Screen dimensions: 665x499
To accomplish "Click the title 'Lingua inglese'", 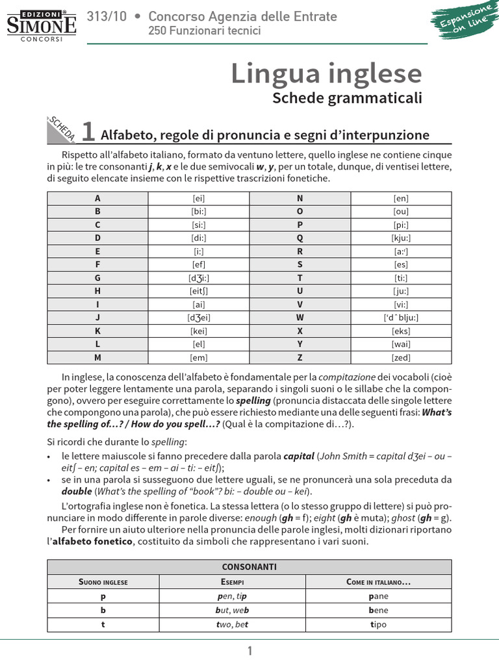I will tap(326, 74).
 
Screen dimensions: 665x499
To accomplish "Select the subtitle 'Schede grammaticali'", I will tap(347, 98).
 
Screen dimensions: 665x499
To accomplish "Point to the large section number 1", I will tap(88, 132).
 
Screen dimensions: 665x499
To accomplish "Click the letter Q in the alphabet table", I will tap(300, 238).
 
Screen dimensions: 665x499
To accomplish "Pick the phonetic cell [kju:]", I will tap(401, 238).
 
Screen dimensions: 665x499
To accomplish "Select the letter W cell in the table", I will tap(300, 318).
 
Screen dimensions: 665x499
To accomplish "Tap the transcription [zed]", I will tap(401, 357).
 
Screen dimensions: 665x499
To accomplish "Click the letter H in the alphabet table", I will tap(97, 291).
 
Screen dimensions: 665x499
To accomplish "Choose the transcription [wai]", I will tap(401, 344).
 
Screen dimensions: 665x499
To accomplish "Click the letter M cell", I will tap(97, 357).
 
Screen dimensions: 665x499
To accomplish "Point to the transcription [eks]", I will tap(401, 331).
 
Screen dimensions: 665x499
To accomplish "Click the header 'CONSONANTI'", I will tap(249, 566).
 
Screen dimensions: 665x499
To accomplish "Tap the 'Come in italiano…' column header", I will tap(378, 581).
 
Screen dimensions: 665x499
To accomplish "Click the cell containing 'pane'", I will tap(377, 596).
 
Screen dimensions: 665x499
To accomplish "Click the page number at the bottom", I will tap(249, 651).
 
